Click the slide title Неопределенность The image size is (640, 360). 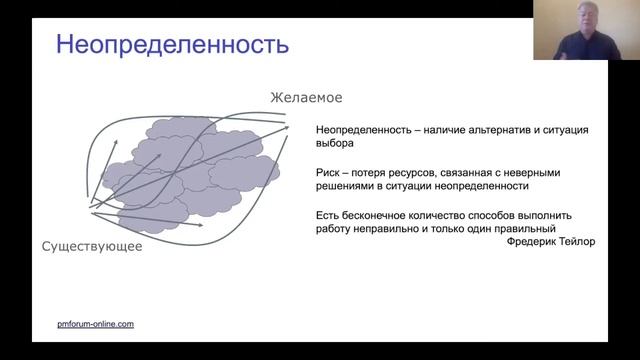[x=172, y=45]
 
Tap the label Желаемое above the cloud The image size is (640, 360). [x=305, y=98]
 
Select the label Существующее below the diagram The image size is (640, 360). [x=92, y=246]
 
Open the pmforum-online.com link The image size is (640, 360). [x=94, y=324]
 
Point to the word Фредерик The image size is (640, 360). [x=532, y=242]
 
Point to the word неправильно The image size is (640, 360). [x=396, y=228]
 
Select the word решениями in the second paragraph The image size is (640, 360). [x=343, y=186]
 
